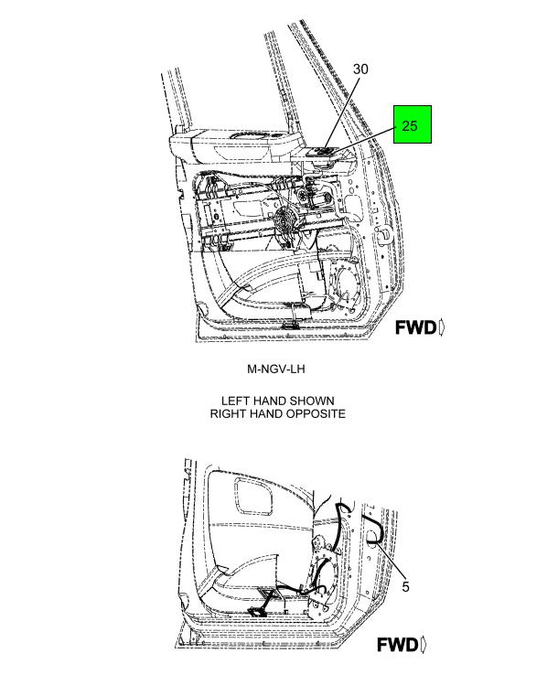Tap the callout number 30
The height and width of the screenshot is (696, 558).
point(359,70)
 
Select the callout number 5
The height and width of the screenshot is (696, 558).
point(405,587)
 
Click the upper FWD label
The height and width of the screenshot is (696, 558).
point(416,327)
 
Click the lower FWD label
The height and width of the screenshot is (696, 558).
point(398,645)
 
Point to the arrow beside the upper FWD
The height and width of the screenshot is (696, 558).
point(443,327)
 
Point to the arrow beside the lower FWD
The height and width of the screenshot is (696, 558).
point(424,645)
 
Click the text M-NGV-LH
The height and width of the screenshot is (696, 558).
point(275,369)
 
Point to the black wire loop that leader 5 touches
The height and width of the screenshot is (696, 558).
point(373,530)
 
